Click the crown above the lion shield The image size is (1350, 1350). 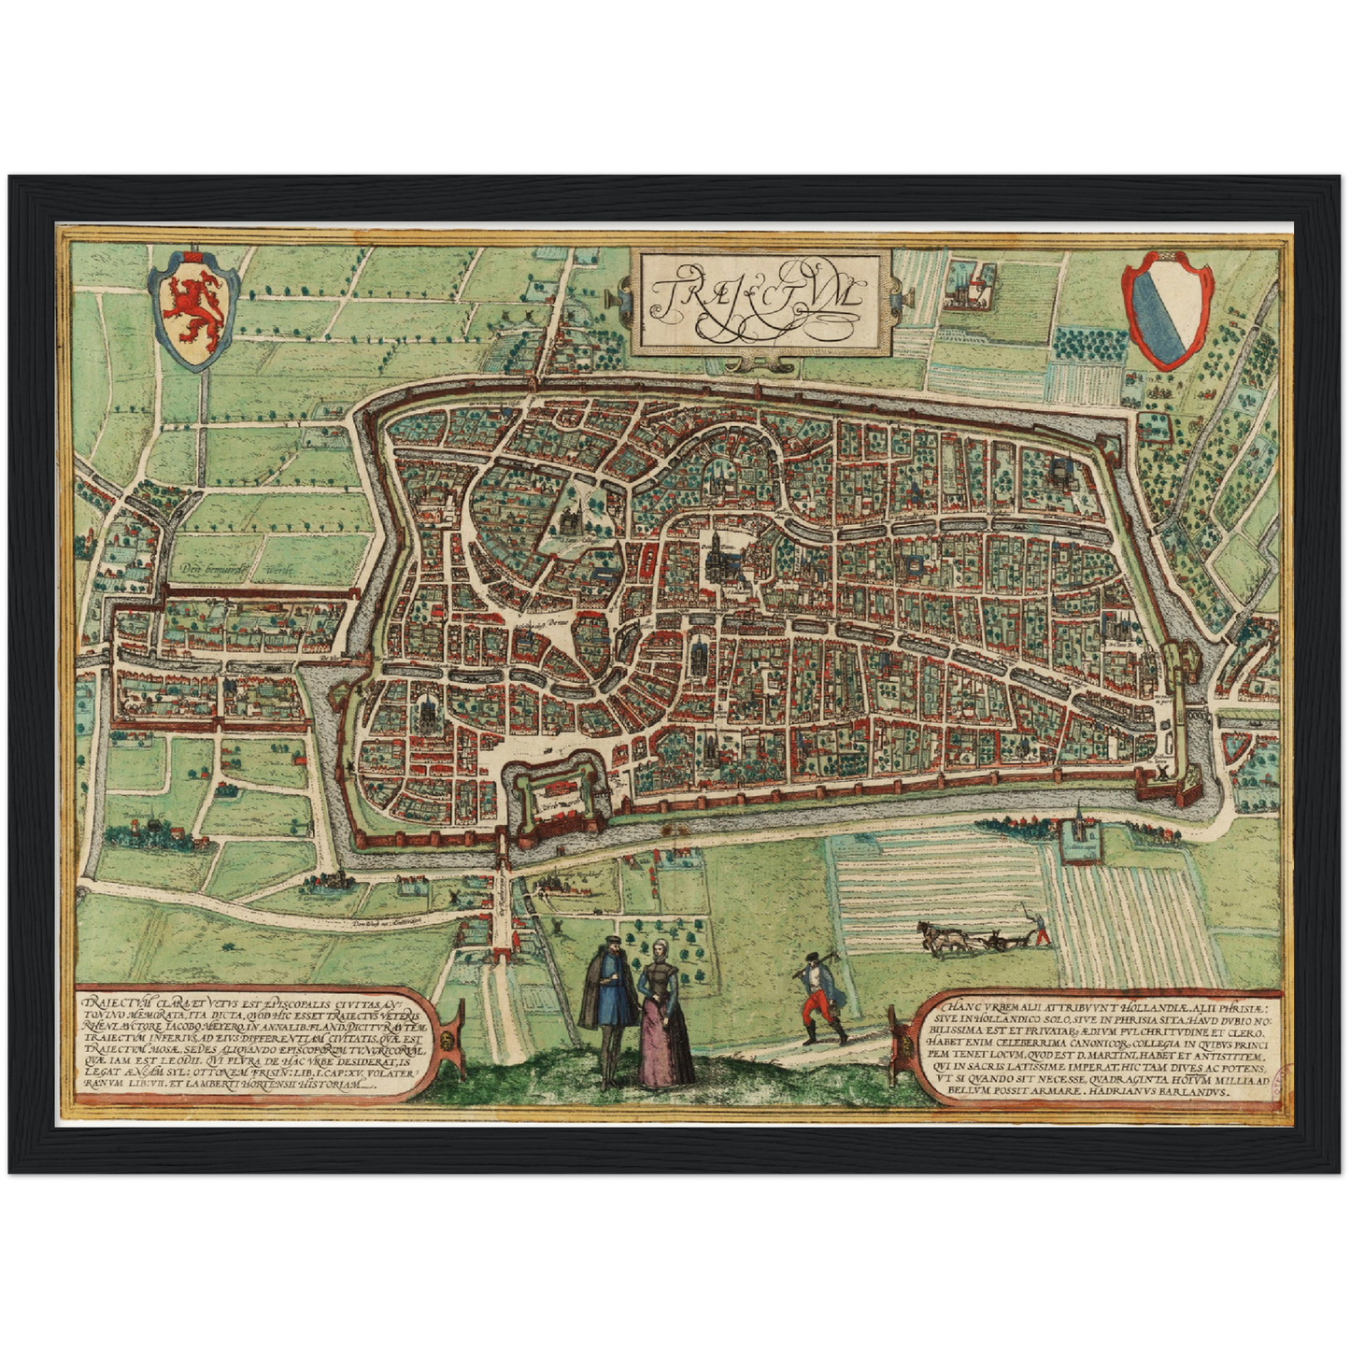[195, 255]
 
